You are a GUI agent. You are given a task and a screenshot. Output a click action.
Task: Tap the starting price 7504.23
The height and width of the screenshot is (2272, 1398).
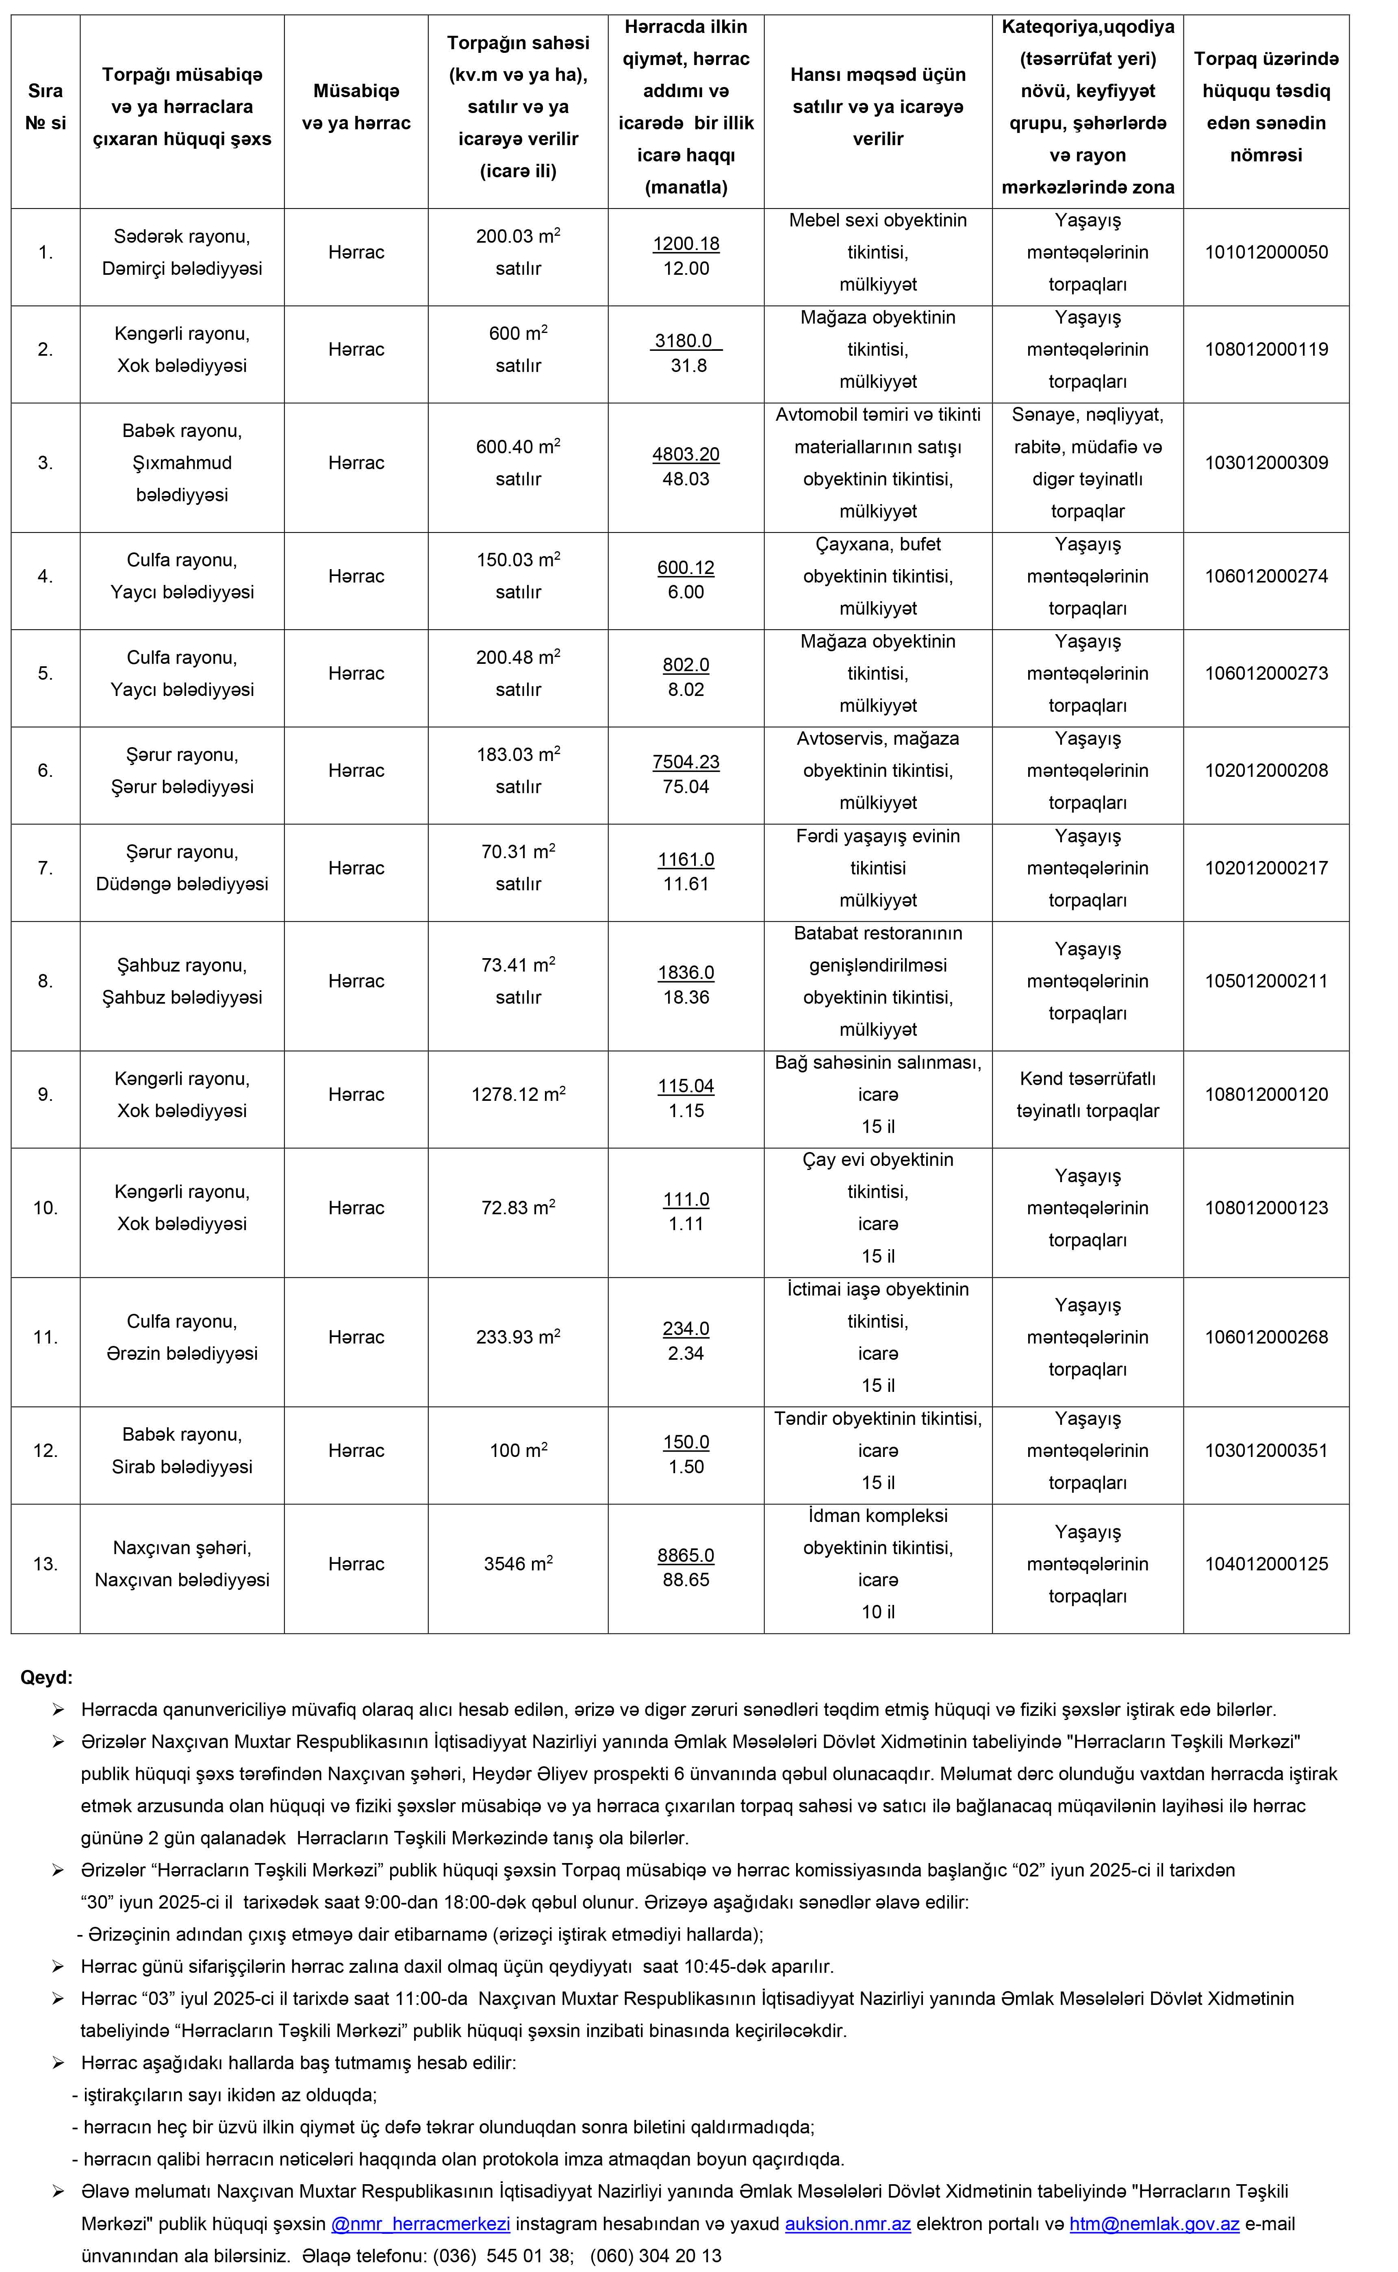coord(685,762)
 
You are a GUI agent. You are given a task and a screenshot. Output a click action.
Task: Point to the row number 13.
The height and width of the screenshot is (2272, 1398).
coord(45,1564)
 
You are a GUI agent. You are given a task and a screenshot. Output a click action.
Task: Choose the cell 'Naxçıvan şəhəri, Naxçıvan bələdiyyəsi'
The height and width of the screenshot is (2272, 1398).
coord(182,1564)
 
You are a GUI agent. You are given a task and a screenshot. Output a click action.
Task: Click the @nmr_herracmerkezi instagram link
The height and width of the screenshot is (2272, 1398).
coord(421,2224)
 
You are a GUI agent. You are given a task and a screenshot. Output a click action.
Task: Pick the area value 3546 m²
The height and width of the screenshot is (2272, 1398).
coord(518,1564)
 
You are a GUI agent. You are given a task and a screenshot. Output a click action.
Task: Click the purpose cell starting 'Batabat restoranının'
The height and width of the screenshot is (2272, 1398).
coord(877,981)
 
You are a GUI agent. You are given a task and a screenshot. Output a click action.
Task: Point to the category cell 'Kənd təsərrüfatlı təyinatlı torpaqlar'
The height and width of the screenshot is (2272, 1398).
coord(1088,1095)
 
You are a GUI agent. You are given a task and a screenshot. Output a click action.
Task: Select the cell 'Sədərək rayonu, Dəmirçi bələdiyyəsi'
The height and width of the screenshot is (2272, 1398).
coord(182,252)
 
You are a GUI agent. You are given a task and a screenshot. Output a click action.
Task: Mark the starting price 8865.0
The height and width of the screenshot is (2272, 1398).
coord(685,1555)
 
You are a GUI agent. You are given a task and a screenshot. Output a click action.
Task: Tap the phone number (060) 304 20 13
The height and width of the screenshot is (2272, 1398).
coord(656,2255)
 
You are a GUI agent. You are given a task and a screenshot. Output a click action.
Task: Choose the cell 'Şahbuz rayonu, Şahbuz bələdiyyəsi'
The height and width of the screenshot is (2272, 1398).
coord(182,981)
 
